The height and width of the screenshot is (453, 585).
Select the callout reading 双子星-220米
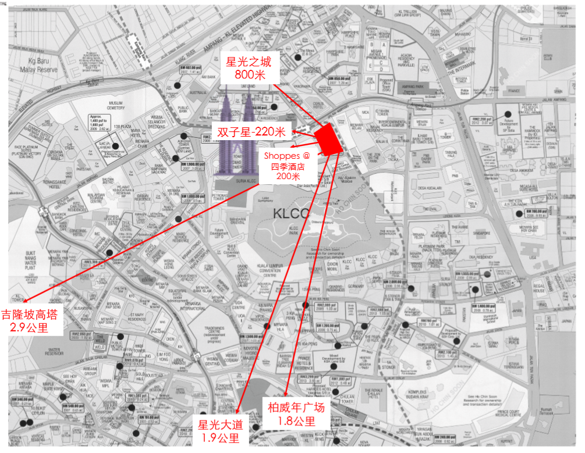(x=251, y=132)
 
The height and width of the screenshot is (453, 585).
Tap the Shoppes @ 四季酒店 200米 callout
(x=288, y=166)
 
